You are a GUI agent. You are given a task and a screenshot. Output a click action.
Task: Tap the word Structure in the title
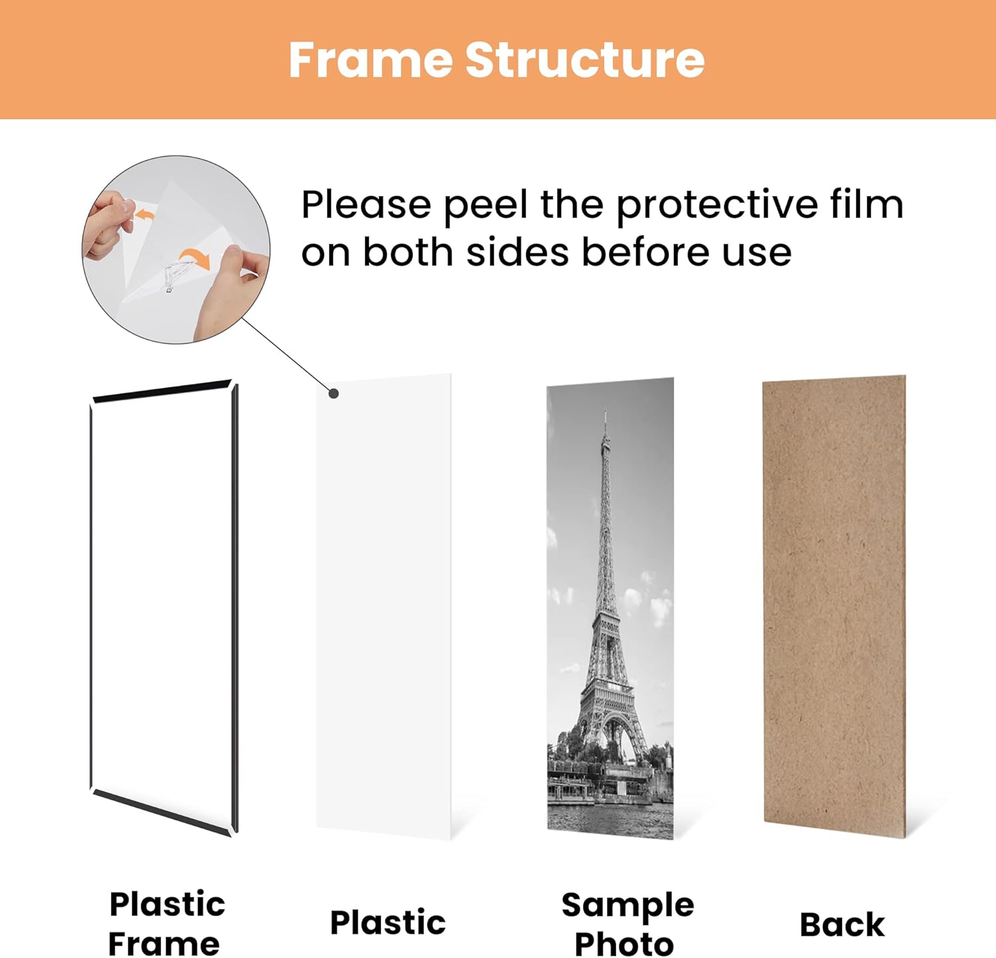point(584,60)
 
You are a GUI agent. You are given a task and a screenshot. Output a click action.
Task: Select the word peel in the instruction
point(487,205)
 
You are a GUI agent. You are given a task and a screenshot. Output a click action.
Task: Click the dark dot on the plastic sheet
point(334,393)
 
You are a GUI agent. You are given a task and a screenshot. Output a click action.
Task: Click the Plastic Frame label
point(166,923)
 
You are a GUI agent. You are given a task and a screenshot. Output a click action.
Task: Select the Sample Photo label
point(627,923)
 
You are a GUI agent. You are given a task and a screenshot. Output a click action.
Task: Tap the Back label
point(842,924)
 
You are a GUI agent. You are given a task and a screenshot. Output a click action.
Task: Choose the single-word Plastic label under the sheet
point(388,923)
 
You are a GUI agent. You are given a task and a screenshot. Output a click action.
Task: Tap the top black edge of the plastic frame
point(162,392)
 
